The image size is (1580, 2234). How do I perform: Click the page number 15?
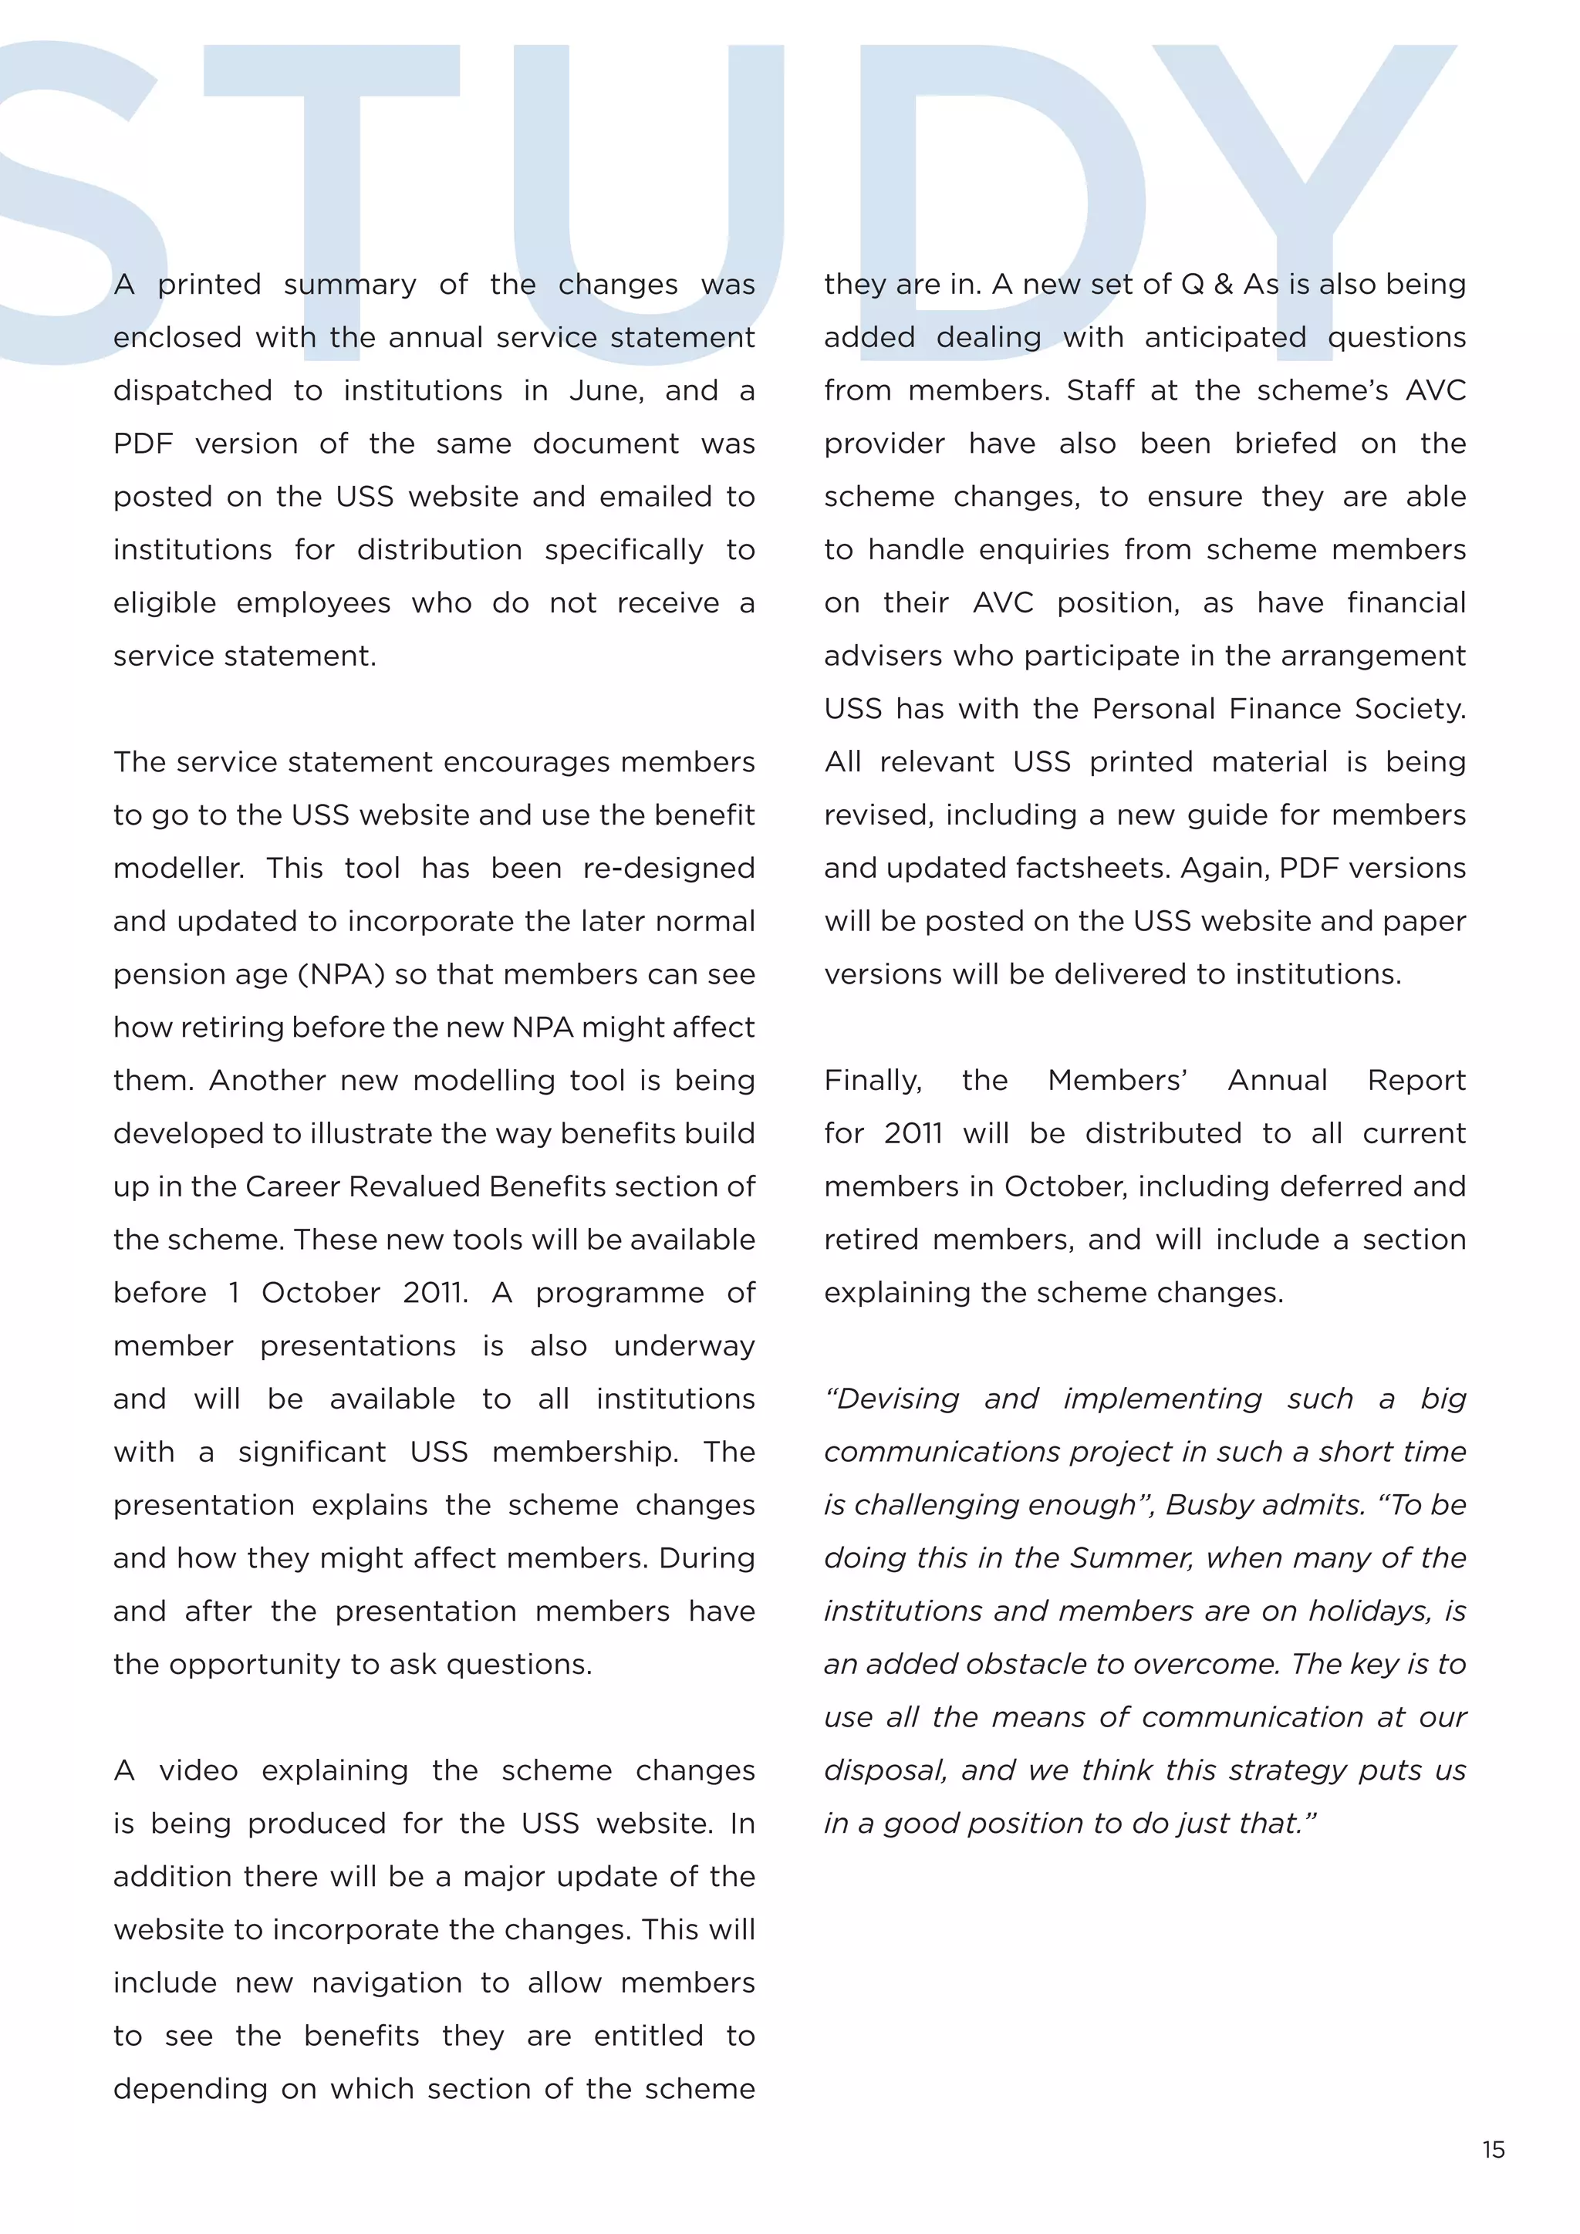(x=1494, y=2149)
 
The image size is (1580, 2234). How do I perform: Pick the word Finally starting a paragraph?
(x=873, y=1081)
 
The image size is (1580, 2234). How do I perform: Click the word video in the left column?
(x=198, y=1771)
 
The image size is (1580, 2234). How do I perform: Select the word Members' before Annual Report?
(x=1117, y=1081)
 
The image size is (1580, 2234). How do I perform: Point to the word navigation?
(x=387, y=1983)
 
